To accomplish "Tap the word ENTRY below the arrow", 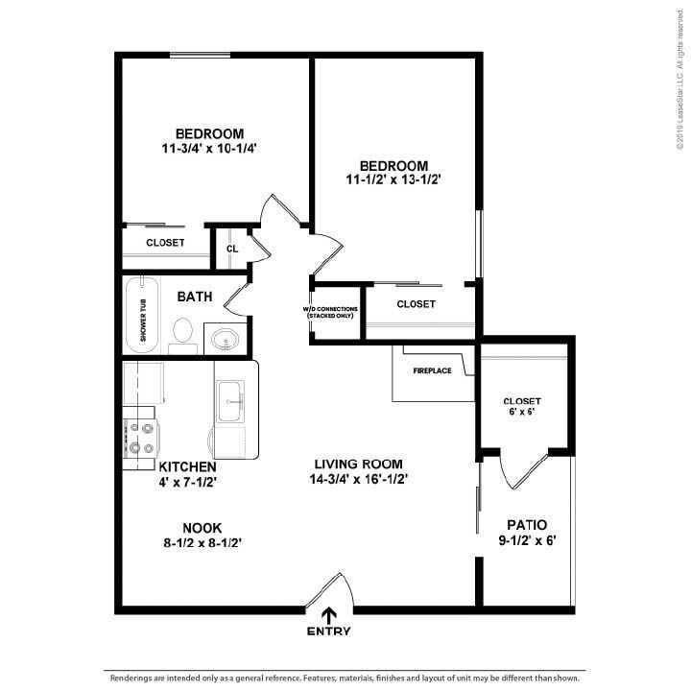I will point(329,631).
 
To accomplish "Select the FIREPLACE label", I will point(432,370).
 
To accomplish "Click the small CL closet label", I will point(231,249).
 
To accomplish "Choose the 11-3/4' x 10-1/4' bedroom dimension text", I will point(209,149).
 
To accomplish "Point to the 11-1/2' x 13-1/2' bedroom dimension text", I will point(393,179).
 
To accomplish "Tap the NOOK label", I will point(202,528).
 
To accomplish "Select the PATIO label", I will point(528,525).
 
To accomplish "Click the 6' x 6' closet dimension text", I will point(522,411).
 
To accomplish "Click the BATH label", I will point(195,298).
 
